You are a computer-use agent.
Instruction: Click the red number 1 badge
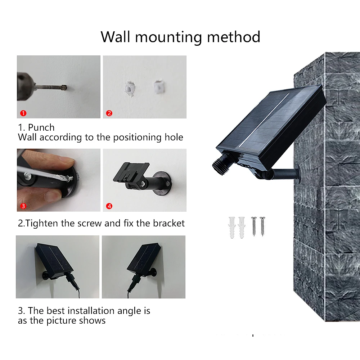(x=23, y=113)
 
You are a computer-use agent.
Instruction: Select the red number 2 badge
(x=109, y=113)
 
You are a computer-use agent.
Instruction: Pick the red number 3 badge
(x=23, y=206)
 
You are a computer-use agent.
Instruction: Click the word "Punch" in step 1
(x=41, y=128)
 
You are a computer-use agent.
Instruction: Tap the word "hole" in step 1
(x=173, y=137)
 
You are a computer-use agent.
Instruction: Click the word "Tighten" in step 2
(x=42, y=223)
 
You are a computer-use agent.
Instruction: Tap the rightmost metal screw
(x=262, y=226)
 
